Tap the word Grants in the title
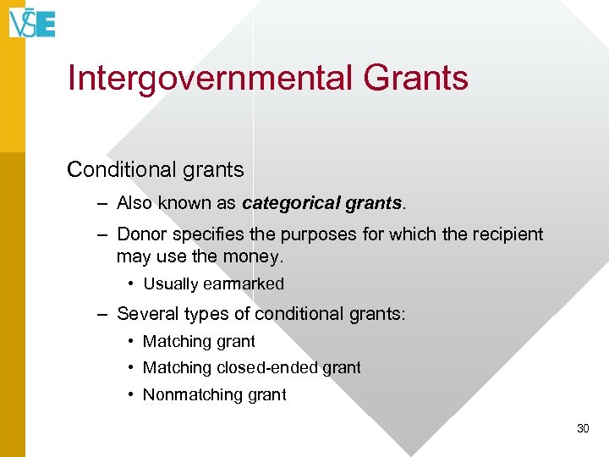[415, 78]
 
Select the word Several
[145, 314]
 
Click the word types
[203, 314]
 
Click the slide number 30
[582, 429]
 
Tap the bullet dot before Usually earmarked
[132, 284]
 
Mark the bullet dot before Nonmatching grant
[132, 394]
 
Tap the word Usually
[170, 284]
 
